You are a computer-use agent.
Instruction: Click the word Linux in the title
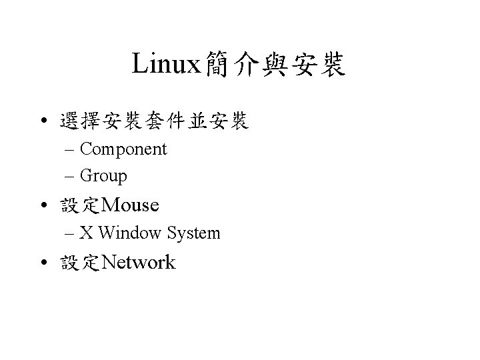click(x=166, y=64)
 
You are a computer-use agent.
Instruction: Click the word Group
click(x=103, y=176)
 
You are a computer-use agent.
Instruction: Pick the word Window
click(x=131, y=233)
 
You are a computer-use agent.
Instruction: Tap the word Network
click(x=140, y=263)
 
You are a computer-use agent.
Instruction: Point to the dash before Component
click(x=71, y=150)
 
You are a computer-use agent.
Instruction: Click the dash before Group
click(x=71, y=177)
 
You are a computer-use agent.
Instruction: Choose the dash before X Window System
click(x=71, y=234)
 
